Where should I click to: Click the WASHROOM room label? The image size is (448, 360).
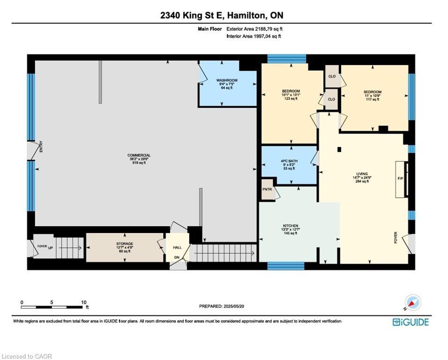pos(227,80)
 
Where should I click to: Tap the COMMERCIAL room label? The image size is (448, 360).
pos(139,155)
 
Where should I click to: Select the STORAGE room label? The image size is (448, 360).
pos(125,244)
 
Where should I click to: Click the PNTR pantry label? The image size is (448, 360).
pos(267,189)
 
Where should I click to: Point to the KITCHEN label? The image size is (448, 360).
pos(291,225)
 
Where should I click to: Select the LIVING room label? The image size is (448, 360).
pos(361,173)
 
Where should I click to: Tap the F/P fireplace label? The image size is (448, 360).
pos(400,178)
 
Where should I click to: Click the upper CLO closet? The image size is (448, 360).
pos(332,76)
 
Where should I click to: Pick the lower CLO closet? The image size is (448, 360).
pos(332,99)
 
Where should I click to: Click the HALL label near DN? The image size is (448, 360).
pos(177,247)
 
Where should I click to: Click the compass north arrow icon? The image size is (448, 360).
pos(413,303)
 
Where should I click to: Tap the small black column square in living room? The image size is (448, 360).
pos(339,150)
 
